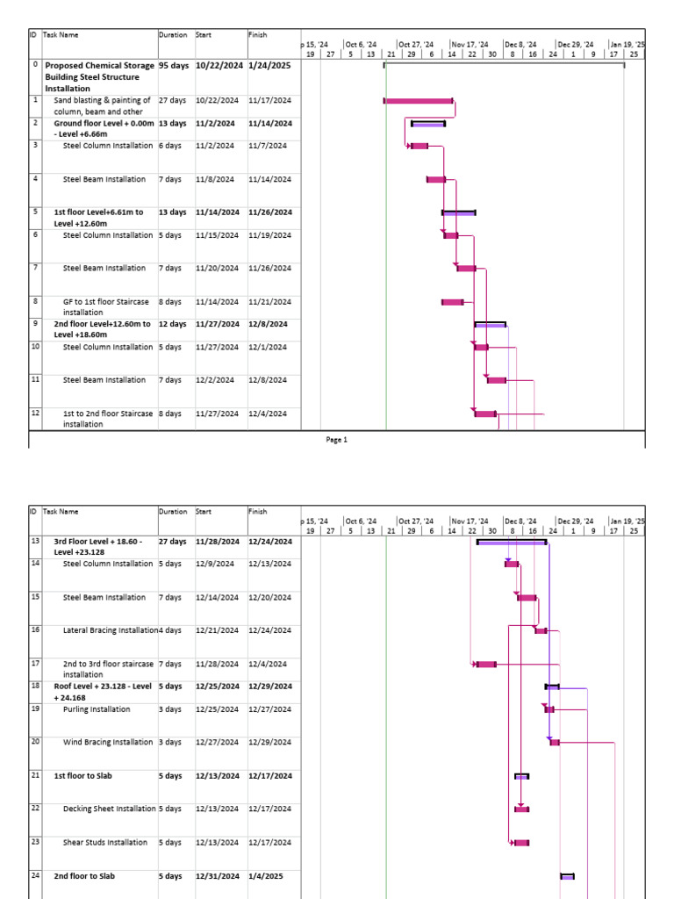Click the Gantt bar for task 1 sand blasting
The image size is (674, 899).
click(x=419, y=101)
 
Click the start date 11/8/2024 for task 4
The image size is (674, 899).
click(x=215, y=179)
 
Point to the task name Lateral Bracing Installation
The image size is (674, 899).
click(x=111, y=630)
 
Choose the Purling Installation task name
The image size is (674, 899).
click(x=97, y=709)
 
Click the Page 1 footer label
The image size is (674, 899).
click(x=337, y=440)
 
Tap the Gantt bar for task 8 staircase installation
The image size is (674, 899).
click(x=453, y=302)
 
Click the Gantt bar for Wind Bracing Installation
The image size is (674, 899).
click(x=555, y=743)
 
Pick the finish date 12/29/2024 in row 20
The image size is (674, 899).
click(x=269, y=743)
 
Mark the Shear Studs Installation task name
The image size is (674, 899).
click(x=105, y=843)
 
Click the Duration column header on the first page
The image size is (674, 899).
click(x=173, y=35)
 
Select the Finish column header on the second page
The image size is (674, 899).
click(x=258, y=511)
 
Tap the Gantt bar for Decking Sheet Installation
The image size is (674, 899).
click(x=522, y=809)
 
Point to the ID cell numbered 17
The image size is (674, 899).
click(x=35, y=664)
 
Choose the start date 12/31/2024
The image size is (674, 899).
click(x=217, y=876)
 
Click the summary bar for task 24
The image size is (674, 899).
click(x=567, y=876)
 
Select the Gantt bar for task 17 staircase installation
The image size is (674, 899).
click(x=486, y=665)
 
